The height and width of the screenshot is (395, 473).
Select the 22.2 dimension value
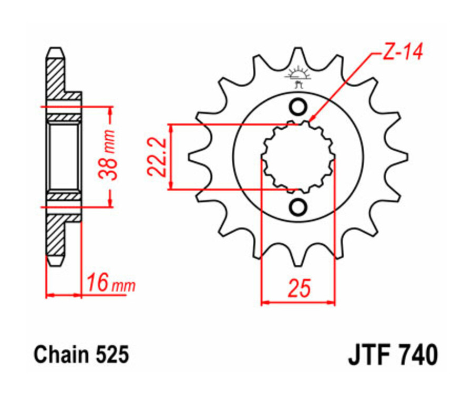click(x=157, y=157)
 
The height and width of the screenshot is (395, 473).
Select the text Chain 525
click(x=81, y=355)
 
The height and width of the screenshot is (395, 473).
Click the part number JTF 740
click(x=392, y=355)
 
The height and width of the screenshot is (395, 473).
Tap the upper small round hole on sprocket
click(x=298, y=107)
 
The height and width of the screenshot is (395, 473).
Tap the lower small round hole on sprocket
click(x=298, y=207)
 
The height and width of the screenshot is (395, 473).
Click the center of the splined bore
click(x=298, y=157)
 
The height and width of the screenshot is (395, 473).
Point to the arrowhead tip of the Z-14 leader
click(x=310, y=122)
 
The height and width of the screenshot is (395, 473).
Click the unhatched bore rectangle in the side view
click(x=64, y=157)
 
